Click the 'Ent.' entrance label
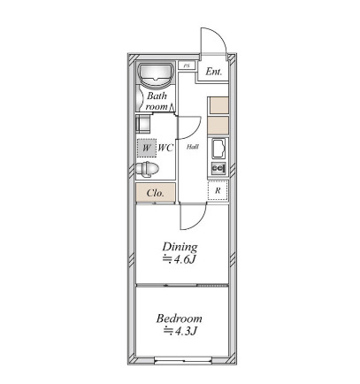(213, 72)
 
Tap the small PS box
(187, 65)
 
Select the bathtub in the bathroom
(156, 74)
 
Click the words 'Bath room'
(157, 101)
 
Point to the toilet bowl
(147, 169)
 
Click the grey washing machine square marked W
(147, 148)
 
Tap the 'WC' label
(165, 148)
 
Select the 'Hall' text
(192, 147)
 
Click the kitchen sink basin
(218, 149)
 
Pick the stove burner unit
(218, 168)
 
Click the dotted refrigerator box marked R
(218, 190)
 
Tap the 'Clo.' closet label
(156, 193)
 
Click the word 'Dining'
(180, 247)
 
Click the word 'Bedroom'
(180, 319)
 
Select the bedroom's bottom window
(183, 360)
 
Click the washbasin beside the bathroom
(142, 124)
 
